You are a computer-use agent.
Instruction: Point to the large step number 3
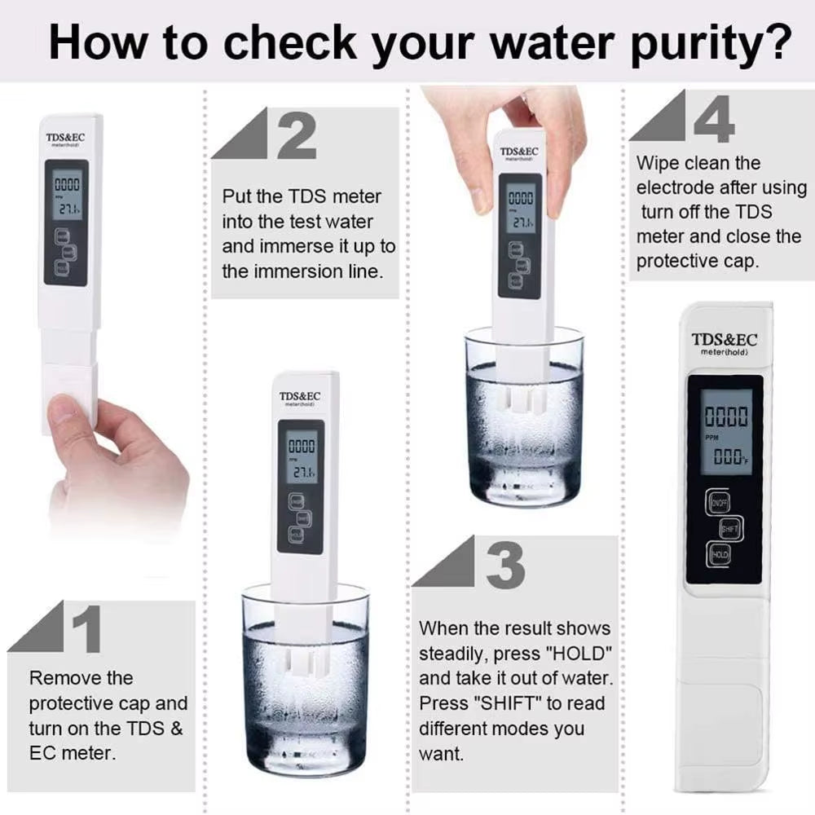(504, 564)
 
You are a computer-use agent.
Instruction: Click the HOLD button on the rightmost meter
(720, 555)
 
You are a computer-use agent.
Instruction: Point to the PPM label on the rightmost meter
(711, 438)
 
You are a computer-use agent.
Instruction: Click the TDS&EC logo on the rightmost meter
(725, 339)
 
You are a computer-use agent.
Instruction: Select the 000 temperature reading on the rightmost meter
(726, 459)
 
